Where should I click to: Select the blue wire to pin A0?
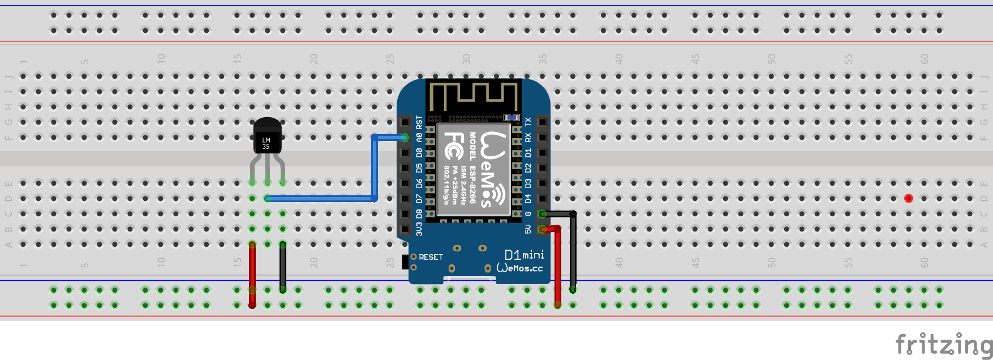(374, 170)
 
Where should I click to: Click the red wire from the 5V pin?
(558, 266)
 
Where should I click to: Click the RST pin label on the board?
(419, 122)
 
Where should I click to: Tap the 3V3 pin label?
(419, 229)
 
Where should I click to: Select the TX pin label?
(528, 122)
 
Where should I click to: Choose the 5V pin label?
(528, 229)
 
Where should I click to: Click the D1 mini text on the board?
(524, 255)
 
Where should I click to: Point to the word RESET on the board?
(431, 257)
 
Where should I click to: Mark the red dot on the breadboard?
(909, 198)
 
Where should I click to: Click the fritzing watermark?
(943, 344)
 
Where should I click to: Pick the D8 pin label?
(419, 214)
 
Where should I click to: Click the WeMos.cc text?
(519, 268)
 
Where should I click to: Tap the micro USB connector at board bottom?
(469, 279)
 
